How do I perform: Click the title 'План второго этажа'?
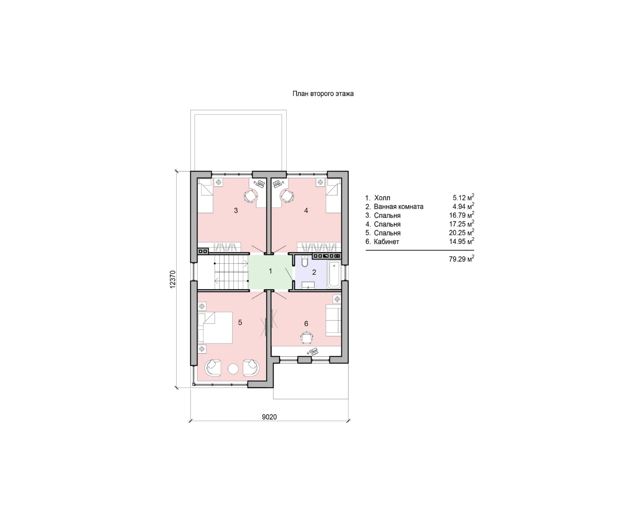323,94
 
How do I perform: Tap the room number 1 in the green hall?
270,271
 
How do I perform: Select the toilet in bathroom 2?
305,261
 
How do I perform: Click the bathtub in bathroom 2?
334,274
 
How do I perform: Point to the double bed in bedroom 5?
215,327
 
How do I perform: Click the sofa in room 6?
333,320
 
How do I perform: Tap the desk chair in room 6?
307,337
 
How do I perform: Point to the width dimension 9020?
269,417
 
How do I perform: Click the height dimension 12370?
173,279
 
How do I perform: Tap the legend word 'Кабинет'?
386,241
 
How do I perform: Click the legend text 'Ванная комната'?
399,207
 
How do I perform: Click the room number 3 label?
236,211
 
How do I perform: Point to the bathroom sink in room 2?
308,285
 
